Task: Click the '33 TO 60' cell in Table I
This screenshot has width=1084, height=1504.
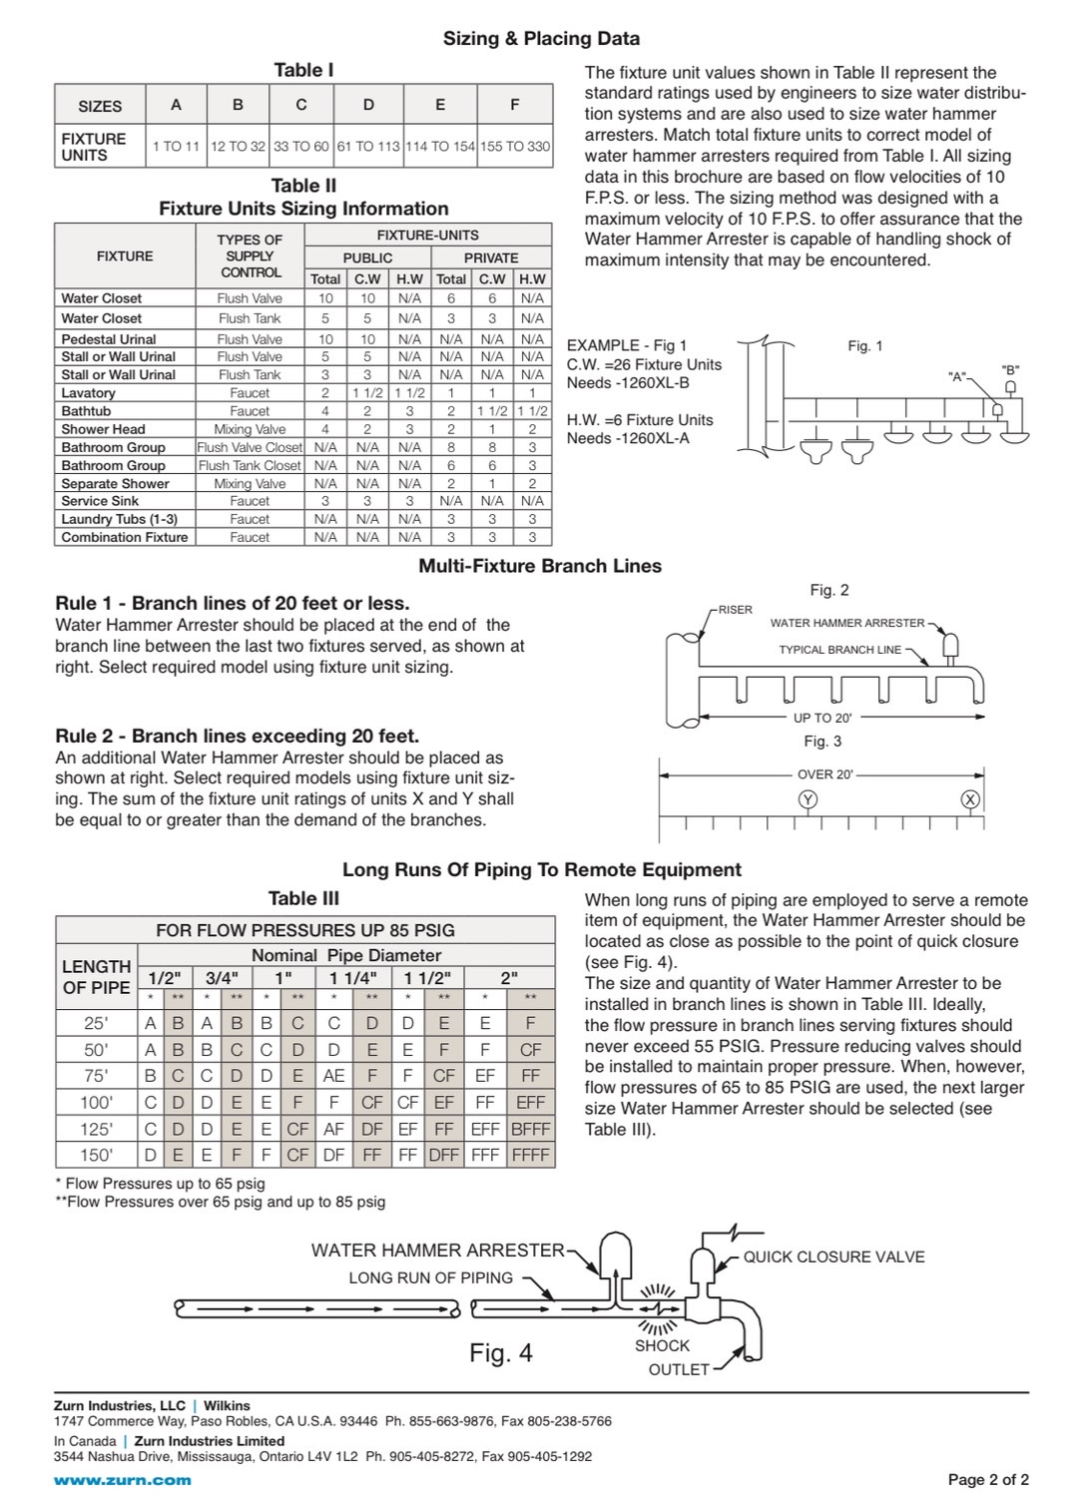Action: (x=300, y=146)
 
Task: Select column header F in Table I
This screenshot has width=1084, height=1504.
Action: (x=514, y=105)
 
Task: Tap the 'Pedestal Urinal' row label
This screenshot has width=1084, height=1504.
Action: (x=109, y=339)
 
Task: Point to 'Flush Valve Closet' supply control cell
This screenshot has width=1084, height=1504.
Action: (x=250, y=447)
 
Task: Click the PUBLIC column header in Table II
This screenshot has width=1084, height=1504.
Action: (x=367, y=257)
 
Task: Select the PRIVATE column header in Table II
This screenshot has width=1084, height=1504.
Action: (x=491, y=257)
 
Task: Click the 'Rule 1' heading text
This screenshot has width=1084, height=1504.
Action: (x=232, y=604)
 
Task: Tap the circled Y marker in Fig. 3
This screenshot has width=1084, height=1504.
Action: (x=808, y=799)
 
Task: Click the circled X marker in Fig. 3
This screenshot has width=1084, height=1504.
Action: (x=969, y=799)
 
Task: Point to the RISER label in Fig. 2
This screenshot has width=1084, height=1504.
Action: (x=736, y=610)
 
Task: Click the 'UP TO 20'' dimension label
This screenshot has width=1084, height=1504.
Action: (x=822, y=718)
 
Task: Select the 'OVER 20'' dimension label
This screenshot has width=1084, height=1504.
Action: (x=824, y=774)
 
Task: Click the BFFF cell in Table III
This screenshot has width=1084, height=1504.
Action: (x=530, y=1129)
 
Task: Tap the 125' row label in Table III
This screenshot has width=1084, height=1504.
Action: (x=97, y=1129)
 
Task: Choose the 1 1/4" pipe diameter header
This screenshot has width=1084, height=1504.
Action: (x=353, y=978)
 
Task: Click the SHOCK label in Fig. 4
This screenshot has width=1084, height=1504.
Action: (x=662, y=1345)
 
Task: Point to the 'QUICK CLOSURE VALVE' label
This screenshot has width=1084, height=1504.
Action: (x=833, y=1257)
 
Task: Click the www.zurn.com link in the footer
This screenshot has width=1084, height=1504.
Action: (x=122, y=1480)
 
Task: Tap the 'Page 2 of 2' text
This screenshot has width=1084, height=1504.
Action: (x=988, y=1480)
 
